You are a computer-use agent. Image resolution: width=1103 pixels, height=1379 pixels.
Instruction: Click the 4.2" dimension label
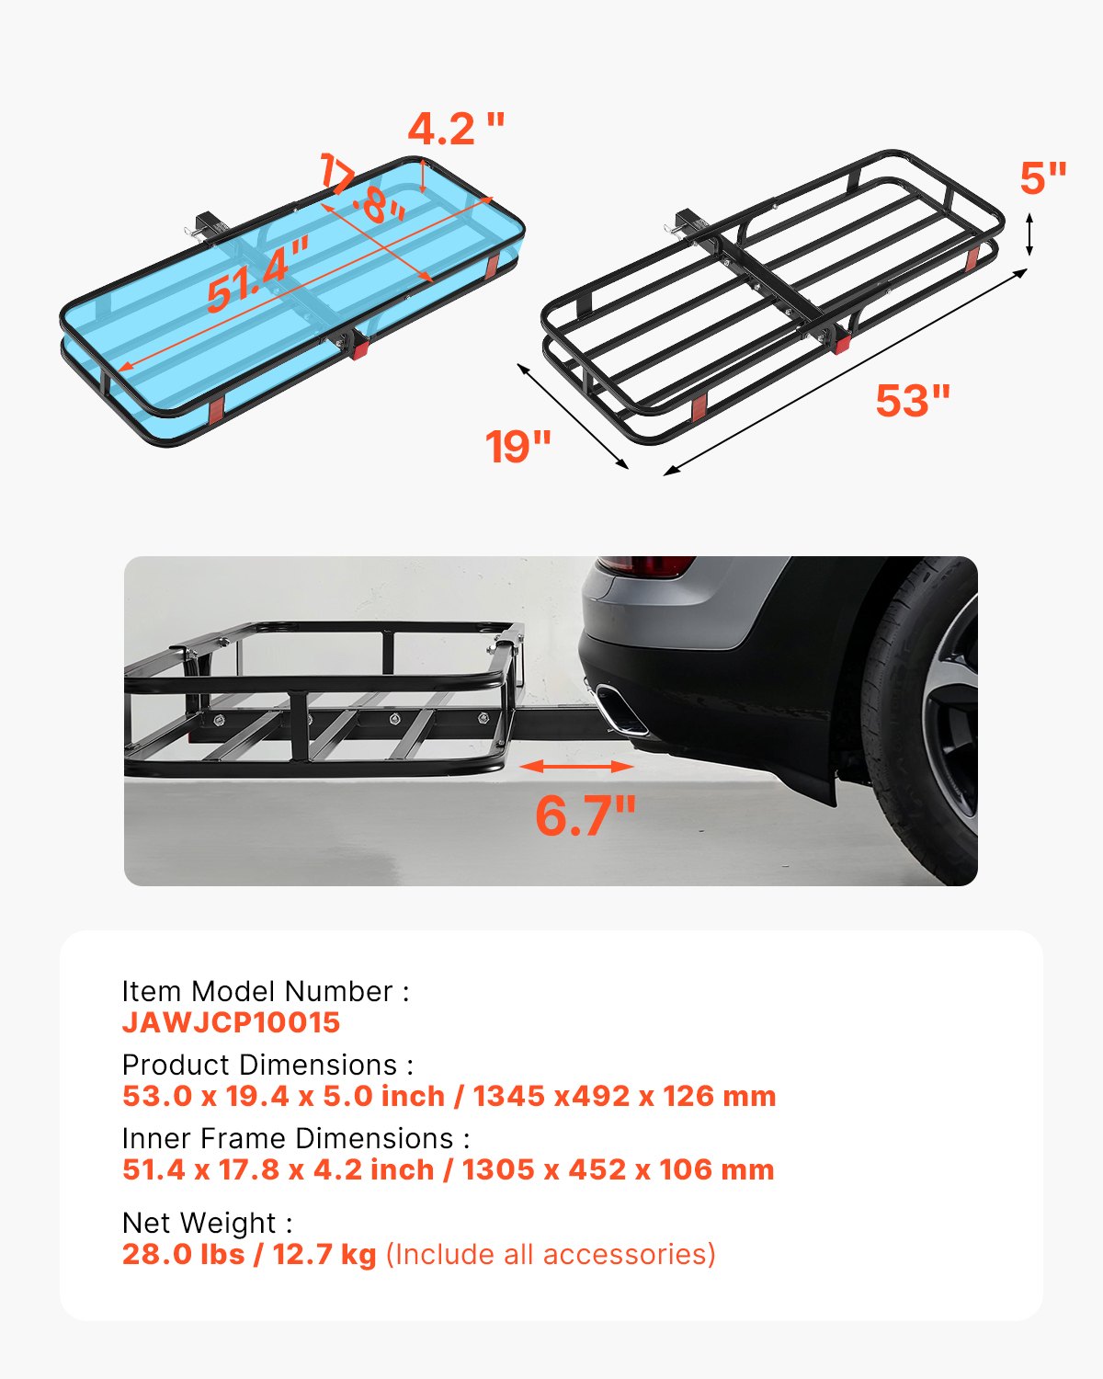click(456, 130)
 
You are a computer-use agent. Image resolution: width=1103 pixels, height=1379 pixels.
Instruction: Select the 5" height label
click(1042, 178)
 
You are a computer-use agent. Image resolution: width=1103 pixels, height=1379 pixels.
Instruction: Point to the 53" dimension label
click(912, 401)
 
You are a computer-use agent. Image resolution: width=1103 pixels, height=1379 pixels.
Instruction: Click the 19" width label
click(518, 447)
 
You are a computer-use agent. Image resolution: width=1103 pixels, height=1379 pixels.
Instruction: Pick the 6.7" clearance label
click(586, 815)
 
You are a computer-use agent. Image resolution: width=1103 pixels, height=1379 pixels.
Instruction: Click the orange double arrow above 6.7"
click(576, 766)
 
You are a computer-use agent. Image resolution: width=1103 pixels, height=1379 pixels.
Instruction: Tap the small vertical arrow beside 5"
click(1029, 234)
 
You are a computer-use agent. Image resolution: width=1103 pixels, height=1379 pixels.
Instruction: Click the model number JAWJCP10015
click(231, 1022)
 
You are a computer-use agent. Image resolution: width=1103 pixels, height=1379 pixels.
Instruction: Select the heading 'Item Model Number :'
click(265, 991)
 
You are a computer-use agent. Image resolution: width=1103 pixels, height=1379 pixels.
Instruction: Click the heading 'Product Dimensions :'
click(267, 1065)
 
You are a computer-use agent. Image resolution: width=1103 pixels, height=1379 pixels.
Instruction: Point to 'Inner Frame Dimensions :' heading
click(295, 1138)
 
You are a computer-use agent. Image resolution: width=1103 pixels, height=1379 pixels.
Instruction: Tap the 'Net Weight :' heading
click(207, 1223)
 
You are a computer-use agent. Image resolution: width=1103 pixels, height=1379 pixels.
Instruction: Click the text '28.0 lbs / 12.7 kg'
click(249, 1254)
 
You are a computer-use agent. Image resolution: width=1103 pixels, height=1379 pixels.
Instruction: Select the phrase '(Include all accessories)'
click(550, 1254)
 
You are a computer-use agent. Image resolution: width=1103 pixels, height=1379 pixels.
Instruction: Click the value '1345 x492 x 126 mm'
click(624, 1096)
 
